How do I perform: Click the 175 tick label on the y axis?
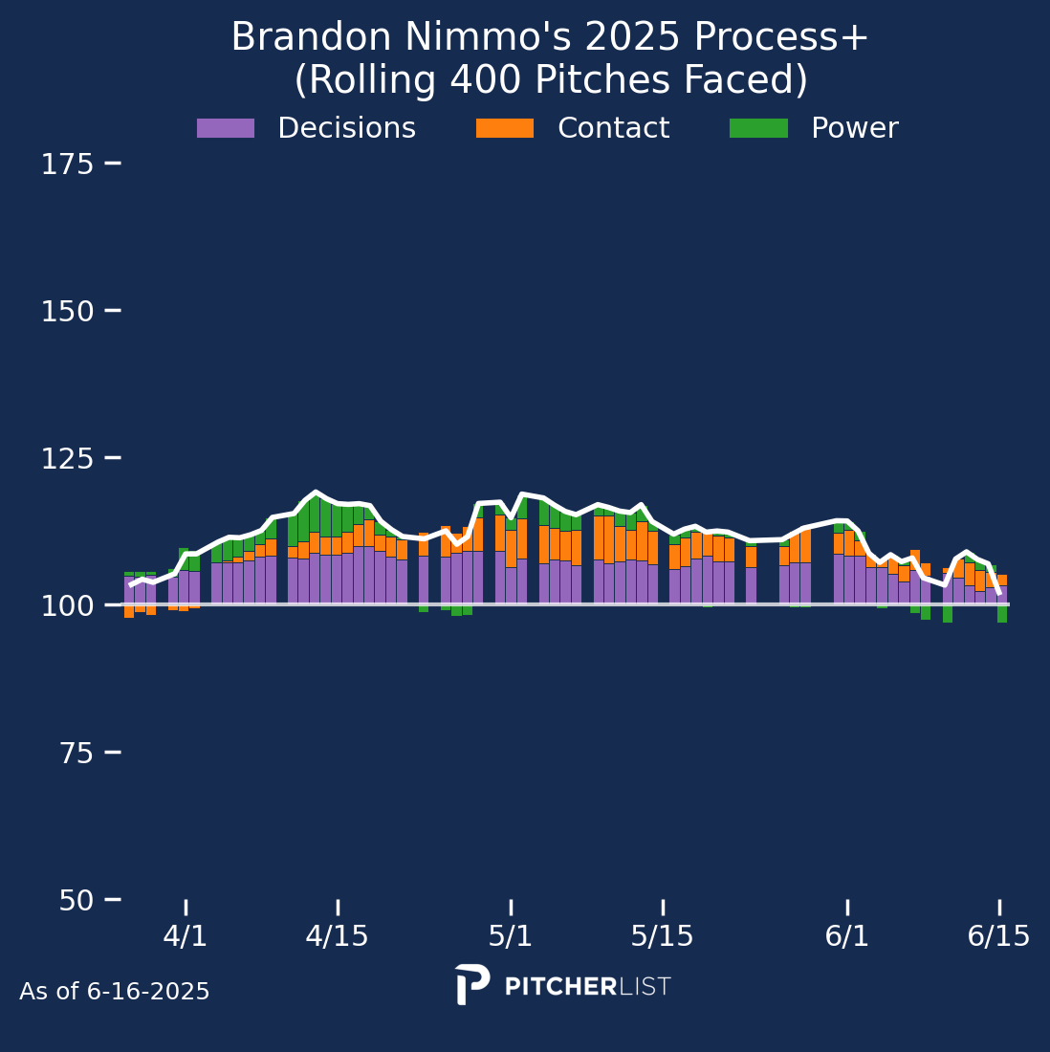pyautogui.click(x=67, y=164)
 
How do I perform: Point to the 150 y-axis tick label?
pyautogui.click(x=67, y=312)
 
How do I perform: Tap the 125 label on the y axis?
pyautogui.click(x=67, y=459)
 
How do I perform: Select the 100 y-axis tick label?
pyautogui.click(x=67, y=606)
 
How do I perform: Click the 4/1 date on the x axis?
pyautogui.click(x=186, y=936)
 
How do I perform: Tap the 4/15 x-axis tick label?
pyautogui.click(x=337, y=936)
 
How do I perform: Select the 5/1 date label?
pyautogui.click(x=511, y=936)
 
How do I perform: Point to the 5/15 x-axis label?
pyautogui.click(x=662, y=936)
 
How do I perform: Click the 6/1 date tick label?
pyautogui.click(x=847, y=936)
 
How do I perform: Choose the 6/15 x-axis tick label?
pyautogui.click(x=999, y=936)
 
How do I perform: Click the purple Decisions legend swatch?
pyautogui.click(x=226, y=128)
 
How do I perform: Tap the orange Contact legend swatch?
pyautogui.click(x=505, y=128)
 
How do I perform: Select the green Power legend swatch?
pyautogui.click(x=758, y=128)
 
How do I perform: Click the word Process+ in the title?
pyautogui.click(x=781, y=38)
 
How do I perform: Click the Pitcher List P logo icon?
pyautogui.click(x=471, y=984)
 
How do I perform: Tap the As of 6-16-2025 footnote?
pyautogui.click(x=115, y=992)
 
